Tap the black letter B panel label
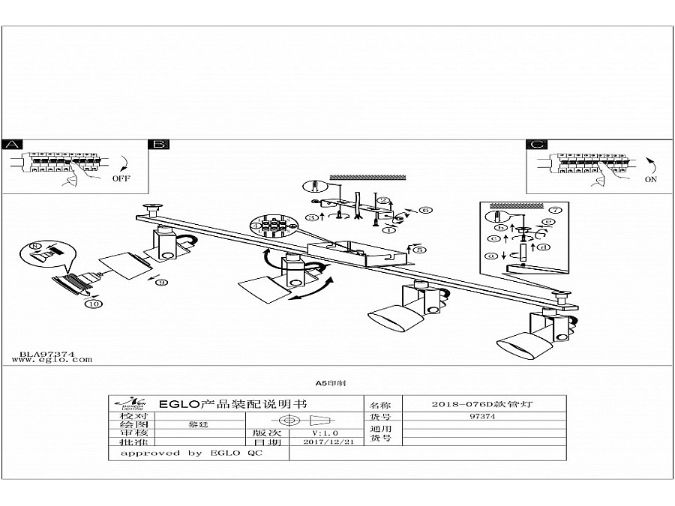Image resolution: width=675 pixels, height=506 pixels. pyautogui.click(x=160, y=145)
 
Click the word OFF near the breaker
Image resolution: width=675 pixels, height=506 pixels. pyautogui.click(x=121, y=179)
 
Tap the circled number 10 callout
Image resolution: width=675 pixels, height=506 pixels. pyautogui.click(x=94, y=304)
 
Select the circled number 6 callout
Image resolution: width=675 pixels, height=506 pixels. pyautogui.click(x=425, y=211)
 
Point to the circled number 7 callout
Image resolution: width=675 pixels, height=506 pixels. pyautogui.click(x=555, y=210)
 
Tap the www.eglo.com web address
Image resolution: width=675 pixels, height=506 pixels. pyautogui.click(x=52, y=360)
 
